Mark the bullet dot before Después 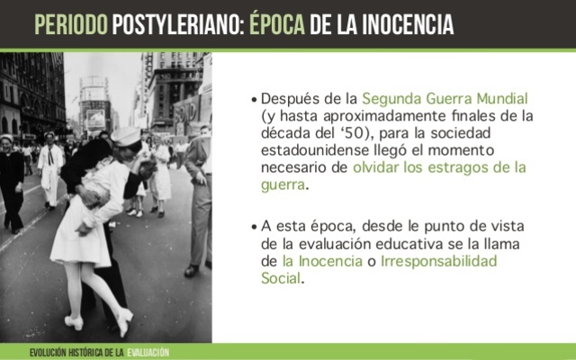255,99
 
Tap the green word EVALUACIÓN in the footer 148,351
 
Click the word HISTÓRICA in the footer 86,351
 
